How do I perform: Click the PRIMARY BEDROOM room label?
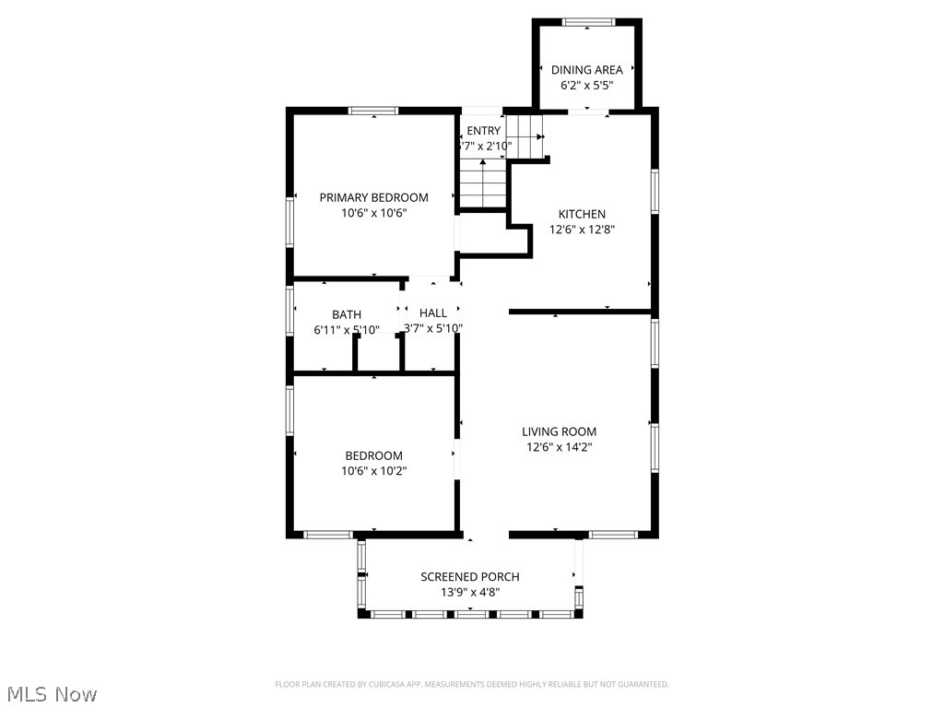point(373,197)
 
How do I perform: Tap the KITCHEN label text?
point(582,214)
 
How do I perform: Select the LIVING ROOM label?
point(559,431)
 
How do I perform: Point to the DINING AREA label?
point(586,69)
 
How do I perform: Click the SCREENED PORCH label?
point(469,577)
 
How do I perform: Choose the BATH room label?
point(347,314)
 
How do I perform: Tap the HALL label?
point(432,313)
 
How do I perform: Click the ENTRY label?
point(483,131)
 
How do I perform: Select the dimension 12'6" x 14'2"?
point(559,447)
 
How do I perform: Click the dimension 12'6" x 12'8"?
point(582,230)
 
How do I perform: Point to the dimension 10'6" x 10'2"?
point(373,470)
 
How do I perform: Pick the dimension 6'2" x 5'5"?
point(586,85)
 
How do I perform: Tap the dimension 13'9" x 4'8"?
point(469,593)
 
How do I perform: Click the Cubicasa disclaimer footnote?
point(471,684)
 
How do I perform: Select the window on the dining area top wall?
point(588,21)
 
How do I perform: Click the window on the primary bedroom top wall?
point(372,111)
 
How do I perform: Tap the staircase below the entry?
point(483,183)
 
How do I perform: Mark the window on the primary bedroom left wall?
point(289,222)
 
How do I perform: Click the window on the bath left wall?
point(289,311)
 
